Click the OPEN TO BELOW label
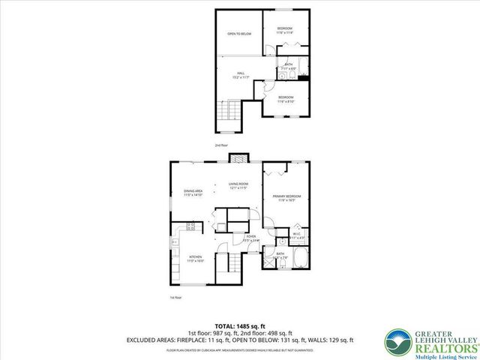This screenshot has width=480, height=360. point(240,34)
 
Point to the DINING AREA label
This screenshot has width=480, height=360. point(193,192)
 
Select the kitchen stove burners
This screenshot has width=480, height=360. point(192,226)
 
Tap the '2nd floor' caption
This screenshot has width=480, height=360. point(220,145)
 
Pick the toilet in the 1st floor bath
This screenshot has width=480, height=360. point(279,242)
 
